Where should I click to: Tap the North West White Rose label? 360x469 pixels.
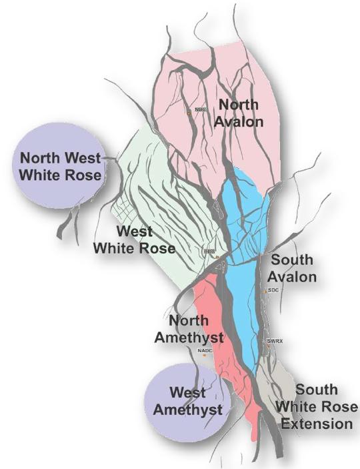[60, 167]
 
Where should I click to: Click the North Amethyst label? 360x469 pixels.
[188, 329]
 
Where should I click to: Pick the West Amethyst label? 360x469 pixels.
[187, 402]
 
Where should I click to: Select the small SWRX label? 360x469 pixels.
[275, 341]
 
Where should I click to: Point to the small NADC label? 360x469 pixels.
[204, 350]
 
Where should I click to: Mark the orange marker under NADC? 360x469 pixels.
[205, 356]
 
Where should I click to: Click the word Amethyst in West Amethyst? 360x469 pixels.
[187, 410]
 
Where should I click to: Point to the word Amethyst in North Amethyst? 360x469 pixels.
[188, 337]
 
